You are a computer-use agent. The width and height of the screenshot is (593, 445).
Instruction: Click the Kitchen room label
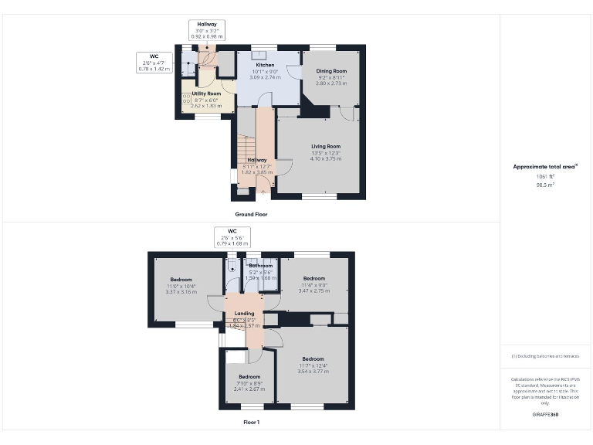pos(266,65)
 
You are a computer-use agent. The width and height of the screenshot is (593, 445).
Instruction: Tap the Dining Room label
pos(330,71)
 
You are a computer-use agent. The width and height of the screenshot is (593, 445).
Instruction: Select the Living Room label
pos(326,146)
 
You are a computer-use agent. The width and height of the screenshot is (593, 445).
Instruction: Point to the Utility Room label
pos(206,93)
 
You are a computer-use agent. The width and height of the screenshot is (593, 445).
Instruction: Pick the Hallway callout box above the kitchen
pos(206,30)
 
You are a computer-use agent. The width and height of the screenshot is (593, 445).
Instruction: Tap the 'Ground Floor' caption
pos(251,214)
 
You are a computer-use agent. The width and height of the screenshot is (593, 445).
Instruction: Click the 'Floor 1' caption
pos(251,423)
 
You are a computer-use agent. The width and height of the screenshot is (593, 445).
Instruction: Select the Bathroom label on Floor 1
pos(260,266)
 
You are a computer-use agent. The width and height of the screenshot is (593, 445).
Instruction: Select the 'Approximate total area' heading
pos(545,167)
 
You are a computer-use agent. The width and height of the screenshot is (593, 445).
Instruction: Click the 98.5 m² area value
pos(545,185)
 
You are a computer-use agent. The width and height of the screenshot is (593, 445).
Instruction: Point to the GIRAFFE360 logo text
pos(545,416)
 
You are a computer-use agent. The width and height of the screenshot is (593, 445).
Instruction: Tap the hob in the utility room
pos(186,99)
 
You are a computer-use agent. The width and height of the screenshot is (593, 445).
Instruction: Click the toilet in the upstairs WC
pos(233,268)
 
